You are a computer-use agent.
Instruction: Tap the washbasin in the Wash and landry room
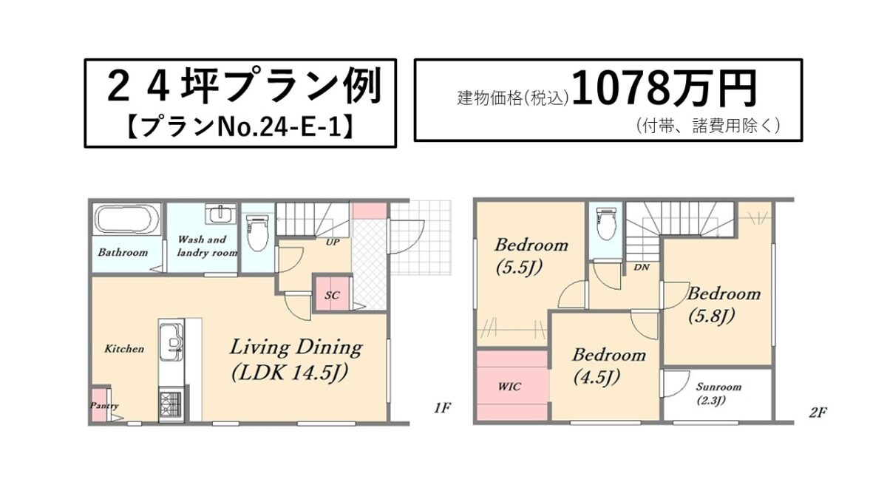coord(220,214)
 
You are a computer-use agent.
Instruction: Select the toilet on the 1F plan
coord(257,231)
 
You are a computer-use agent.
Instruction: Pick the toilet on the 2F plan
coord(606,223)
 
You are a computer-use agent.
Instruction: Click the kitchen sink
coord(171,342)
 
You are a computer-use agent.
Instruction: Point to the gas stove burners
coord(171,404)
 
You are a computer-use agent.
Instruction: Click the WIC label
coord(509,386)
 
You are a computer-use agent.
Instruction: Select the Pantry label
coord(103,406)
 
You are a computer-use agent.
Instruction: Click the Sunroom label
coord(718,387)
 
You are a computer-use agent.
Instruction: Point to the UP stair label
coord(332,242)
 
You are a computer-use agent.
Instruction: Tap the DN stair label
coord(642,268)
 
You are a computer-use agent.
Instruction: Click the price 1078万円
coord(664,89)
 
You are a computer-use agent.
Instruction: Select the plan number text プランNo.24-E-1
coord(240,127)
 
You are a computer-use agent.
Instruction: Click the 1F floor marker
coord(442,408)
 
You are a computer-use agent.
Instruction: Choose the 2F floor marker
coord(818,413)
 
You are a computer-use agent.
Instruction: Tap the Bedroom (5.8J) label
coord(724,305)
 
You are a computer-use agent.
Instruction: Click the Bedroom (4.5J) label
coord(608,366)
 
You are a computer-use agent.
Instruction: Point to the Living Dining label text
coord(296,347)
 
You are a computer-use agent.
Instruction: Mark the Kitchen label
coord(124,348)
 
